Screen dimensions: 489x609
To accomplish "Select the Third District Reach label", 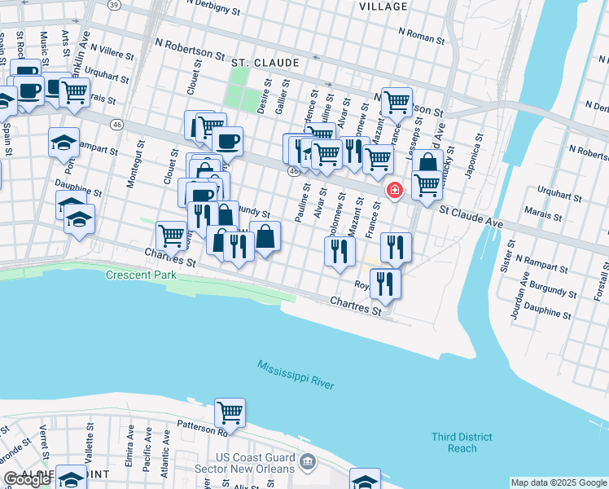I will coord(462,443).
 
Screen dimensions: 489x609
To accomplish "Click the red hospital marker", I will coord(395,191).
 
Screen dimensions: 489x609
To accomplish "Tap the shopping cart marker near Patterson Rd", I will coord(230,412).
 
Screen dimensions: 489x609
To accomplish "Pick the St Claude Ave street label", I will coord(472,214).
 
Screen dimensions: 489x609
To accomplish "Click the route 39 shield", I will coord(115,5).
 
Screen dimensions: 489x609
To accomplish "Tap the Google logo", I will coord(27,480).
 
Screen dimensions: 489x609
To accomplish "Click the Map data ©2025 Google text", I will coord(558,482).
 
